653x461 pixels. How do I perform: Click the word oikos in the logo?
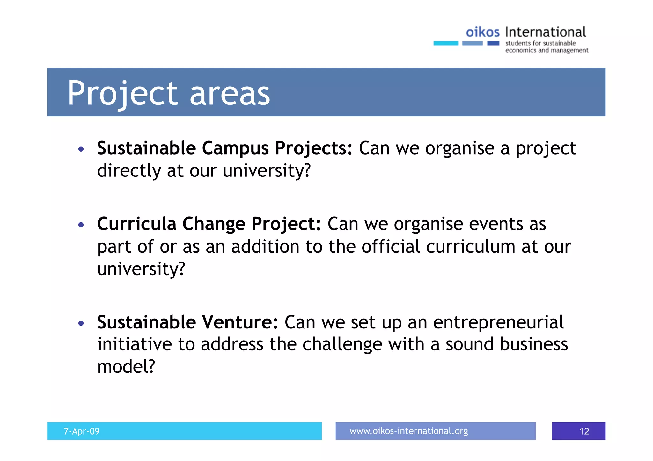[482, 32]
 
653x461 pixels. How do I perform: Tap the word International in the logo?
[545, 32]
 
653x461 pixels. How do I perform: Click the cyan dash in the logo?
[445, 43]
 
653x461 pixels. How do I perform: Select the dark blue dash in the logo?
[493, 43]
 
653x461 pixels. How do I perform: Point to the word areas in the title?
[230, 93]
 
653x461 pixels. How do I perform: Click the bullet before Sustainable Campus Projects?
[81, 149]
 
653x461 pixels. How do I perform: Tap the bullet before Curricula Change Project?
[81, 225]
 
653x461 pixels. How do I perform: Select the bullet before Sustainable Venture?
[81, 323]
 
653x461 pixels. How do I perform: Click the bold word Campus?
[235, 148]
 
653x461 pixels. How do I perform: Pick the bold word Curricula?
[137, 224]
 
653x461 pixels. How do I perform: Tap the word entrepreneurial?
[498, 322]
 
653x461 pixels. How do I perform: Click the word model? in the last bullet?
[126, 366]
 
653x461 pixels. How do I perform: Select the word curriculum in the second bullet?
[470, 247]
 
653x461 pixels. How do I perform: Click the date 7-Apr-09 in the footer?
[82, 431]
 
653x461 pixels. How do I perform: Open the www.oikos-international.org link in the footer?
[408, 431]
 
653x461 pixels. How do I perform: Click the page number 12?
[584, 431]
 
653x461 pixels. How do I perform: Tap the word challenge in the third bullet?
[342, 345]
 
